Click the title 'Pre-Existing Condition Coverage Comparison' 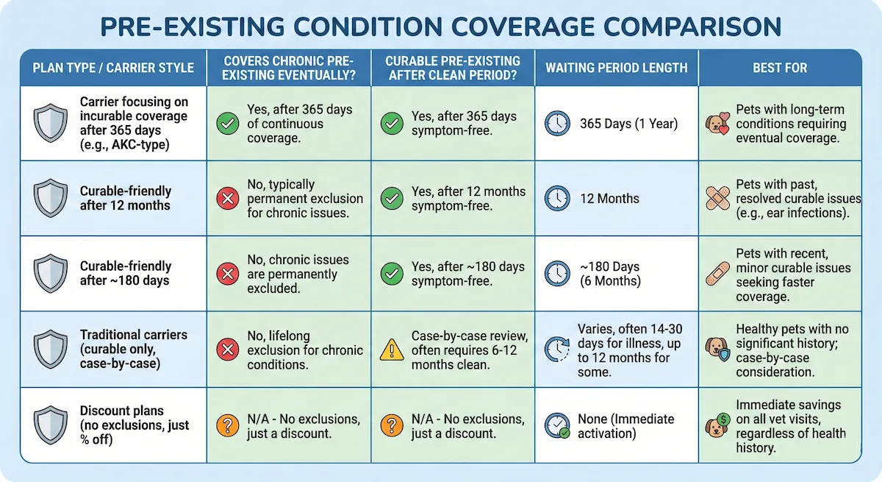click(x=441, y=26)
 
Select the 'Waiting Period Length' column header click(x=616, y=68)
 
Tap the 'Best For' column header click(x=780, y=68)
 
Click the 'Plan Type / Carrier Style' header click(x=113, y=68)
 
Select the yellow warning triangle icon click(x=391, y=350)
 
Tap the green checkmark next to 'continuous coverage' click(x=227, y=124)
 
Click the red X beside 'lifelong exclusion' click(x=227, y=350)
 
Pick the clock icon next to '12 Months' click(x=557, y=199)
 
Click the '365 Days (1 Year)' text click(x=628, y=124)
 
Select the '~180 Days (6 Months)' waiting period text click(x=609, y=274)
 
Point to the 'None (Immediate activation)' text click(x=625, y=426)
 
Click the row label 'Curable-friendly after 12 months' click(x=125, y=199)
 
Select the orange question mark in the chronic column click(x=227, y=426)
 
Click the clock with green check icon click(x=557, y=426)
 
